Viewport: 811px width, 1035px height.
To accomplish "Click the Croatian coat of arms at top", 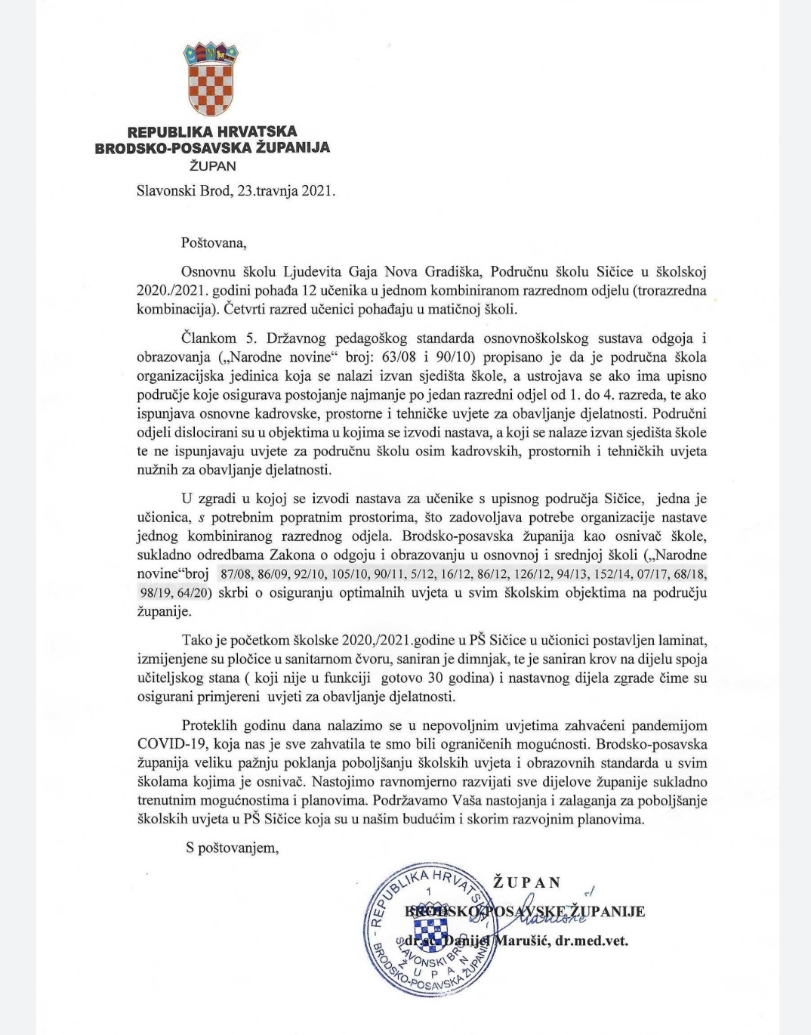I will (211, 79).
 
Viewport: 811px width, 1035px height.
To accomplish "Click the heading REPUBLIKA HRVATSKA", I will (212, 131).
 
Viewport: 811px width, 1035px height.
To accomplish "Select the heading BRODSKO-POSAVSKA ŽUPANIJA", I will (212, 148).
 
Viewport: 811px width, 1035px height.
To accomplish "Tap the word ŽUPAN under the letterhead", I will (212, 166).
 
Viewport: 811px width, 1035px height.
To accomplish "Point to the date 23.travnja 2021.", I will (286, 191).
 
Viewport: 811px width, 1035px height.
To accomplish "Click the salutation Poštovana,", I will (214, 243).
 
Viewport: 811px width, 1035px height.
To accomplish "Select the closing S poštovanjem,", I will (233, 848).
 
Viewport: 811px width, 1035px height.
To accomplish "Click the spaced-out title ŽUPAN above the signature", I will (527, 883).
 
